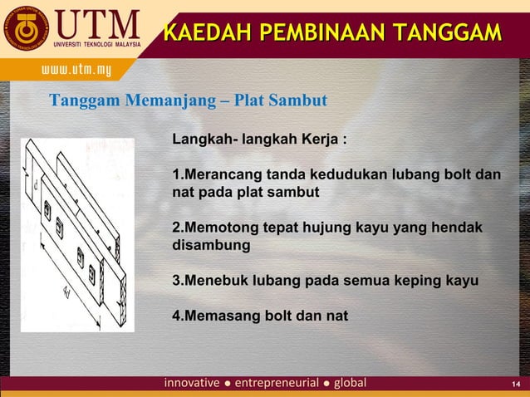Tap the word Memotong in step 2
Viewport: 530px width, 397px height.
[x=222, y=228]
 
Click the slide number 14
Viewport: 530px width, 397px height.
[x=515, y=384]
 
